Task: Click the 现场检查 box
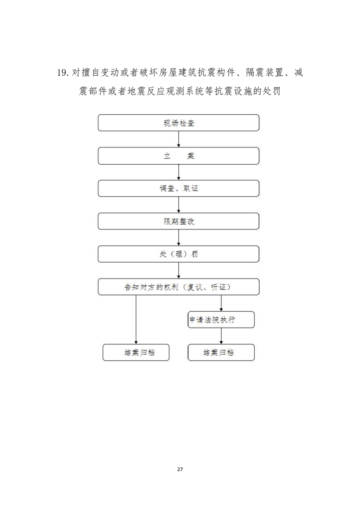click(178, 122)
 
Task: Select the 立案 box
click(178, 156)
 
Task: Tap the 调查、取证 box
click(178, 189)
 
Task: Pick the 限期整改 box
click(178, 221)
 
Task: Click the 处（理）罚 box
click(178, 254)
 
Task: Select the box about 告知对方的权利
click(178, 287)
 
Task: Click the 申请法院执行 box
click(221, 320)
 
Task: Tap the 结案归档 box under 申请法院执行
click(221, 352)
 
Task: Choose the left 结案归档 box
click(136, 352)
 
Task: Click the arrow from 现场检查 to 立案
click(178, 139)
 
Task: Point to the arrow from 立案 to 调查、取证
click(178, 172)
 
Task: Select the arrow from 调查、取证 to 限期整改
click(178, 205)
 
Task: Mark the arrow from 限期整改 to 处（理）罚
click(178, 238)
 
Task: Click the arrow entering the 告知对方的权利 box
click(178, 270)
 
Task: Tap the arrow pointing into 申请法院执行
click(221, 303)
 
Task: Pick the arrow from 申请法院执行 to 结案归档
click(221, 336)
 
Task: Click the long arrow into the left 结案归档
click(136, 320)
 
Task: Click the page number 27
click(180, 470)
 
